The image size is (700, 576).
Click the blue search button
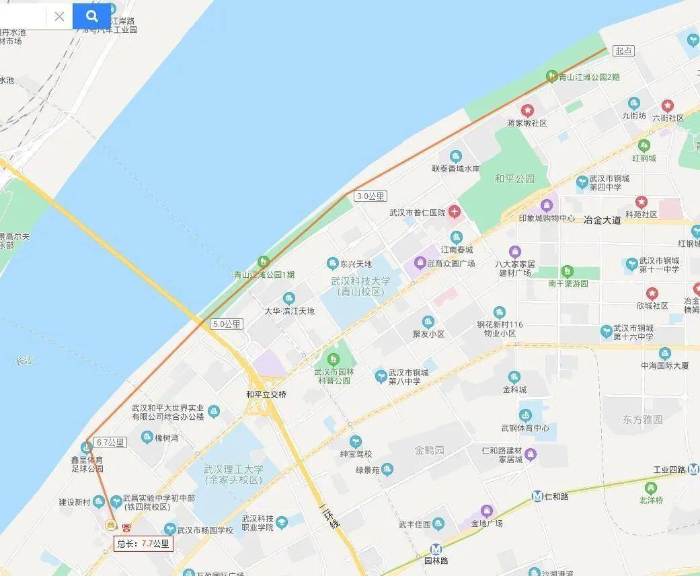point(91,16)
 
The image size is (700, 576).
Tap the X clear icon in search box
point(59,16)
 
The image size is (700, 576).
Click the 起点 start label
point(623,51)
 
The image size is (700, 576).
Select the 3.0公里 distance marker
point(371,196)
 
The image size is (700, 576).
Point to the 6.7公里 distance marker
point(110,442)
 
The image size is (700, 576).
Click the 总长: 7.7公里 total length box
point(143,544)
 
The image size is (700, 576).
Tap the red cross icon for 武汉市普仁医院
point(455,213)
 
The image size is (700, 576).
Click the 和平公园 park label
point(514,179)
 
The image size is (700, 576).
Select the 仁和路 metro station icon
point(537,497)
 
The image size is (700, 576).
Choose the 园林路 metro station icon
point(436,548)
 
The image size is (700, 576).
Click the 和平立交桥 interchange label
point(266,394)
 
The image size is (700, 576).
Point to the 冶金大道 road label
point(602,219)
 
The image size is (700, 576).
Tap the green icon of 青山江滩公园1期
point(264,261)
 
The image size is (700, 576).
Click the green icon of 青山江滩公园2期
point(551,76)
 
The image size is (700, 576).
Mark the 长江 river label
point(24,361)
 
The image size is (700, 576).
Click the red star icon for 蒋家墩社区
point(527,110)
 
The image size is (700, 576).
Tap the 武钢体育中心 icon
point(525,415)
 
